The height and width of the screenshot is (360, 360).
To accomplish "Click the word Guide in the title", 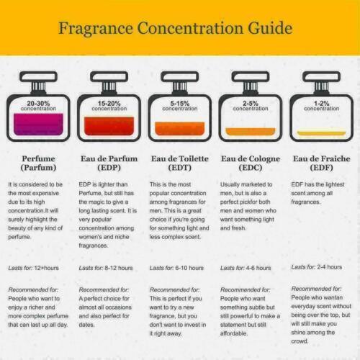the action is click(270, 28).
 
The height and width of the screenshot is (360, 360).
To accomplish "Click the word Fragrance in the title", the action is click(96, 28).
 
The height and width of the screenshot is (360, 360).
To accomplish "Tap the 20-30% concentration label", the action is click(38, 106).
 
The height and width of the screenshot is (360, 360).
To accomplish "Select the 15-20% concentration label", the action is click(109, 106).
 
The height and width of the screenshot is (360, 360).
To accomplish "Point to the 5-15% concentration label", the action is click(180, 106).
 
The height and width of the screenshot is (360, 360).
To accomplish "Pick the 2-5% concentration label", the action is click(251, 106).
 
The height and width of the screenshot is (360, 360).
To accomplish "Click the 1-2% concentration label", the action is click(322, 106).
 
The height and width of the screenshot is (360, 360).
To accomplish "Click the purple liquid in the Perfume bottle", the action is click(38, 125).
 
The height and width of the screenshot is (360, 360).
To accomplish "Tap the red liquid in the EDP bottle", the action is click(109, 126).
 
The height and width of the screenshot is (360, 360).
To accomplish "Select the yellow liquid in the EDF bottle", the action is click(322, 133).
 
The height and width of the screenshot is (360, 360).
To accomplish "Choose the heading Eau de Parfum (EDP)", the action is click(109, 163).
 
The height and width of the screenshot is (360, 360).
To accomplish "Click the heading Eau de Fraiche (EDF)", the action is click(322, 163).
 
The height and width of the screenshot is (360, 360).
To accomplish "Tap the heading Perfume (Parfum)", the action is click(38, 163).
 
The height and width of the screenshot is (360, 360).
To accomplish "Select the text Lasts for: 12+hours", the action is click(33, 268).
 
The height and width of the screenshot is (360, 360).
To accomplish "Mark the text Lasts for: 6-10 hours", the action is click(176, 268).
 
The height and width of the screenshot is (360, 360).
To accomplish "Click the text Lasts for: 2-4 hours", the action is click(317, 267).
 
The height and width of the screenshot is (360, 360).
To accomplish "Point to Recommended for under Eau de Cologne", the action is click(246, 290).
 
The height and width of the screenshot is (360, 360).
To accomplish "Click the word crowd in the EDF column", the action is click(300, 341).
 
